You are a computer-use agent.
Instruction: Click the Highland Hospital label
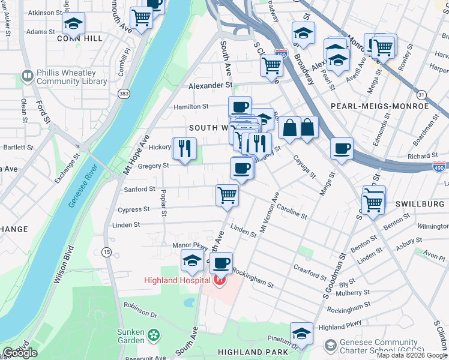pos(177,280)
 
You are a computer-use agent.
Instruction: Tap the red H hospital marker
pos(220,280)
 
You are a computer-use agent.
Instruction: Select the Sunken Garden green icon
pos(154,334)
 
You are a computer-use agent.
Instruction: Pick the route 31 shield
pos(422,95)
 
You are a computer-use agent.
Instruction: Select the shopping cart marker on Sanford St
pos(228,194)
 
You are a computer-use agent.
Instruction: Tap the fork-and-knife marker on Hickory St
pos(184,148)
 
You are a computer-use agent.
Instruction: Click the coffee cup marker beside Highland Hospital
pos(221,262)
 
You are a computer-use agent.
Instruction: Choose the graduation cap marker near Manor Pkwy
pos(192,260)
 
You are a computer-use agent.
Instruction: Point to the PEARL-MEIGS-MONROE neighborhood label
pos(380,106)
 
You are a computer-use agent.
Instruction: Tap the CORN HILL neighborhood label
pos(76,38)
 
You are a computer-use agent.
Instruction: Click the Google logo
pos(20,352)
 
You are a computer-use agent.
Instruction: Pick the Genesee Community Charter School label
pos(384,346)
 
